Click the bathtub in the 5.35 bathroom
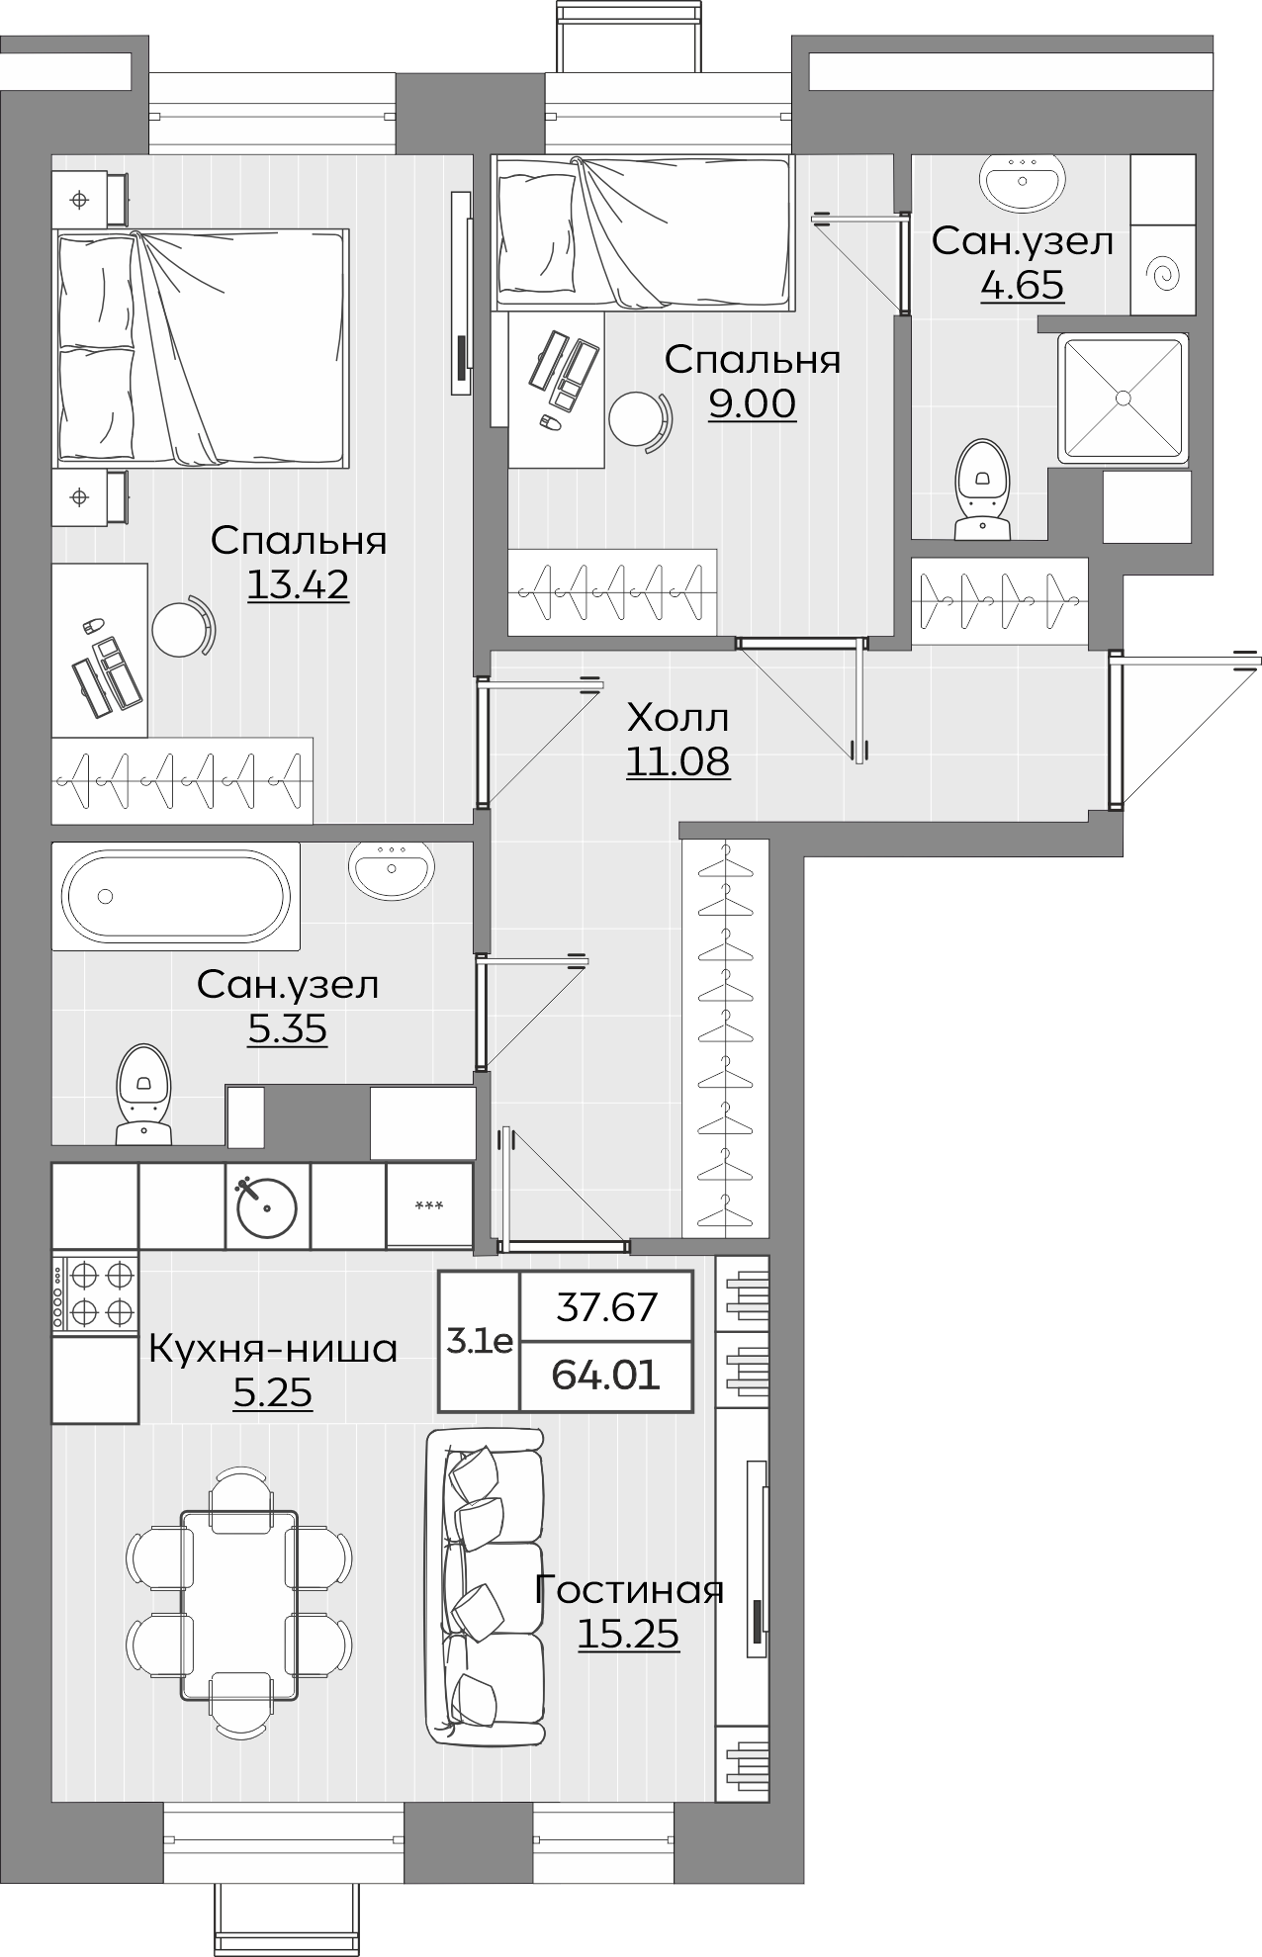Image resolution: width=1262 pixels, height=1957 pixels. (174, 896)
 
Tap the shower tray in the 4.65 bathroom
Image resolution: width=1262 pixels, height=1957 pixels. (1123, 399)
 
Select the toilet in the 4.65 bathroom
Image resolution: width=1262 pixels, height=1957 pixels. (982, 489)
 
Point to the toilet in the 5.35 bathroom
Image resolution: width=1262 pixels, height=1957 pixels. (144, 1094)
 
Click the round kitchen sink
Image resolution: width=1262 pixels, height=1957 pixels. (267, 1206)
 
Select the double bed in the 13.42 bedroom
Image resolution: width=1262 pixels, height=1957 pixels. (203, 347)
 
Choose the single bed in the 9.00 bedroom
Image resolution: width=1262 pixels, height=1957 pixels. (643, 232)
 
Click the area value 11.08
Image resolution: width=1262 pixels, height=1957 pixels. (678, 761)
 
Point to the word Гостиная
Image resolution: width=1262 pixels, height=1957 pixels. (629, 1590)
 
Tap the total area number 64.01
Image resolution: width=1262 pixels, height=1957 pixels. (605, 1375)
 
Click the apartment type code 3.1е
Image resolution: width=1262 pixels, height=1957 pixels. (480, 1342)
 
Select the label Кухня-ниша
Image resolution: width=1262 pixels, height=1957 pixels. (273, 1349)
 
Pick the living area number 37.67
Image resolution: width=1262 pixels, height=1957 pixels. (606, 1307)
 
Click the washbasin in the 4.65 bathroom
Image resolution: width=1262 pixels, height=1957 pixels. (1023, 182)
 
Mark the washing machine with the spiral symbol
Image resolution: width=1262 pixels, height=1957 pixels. (1163, 270)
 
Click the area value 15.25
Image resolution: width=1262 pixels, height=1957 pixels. (628, 1635)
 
